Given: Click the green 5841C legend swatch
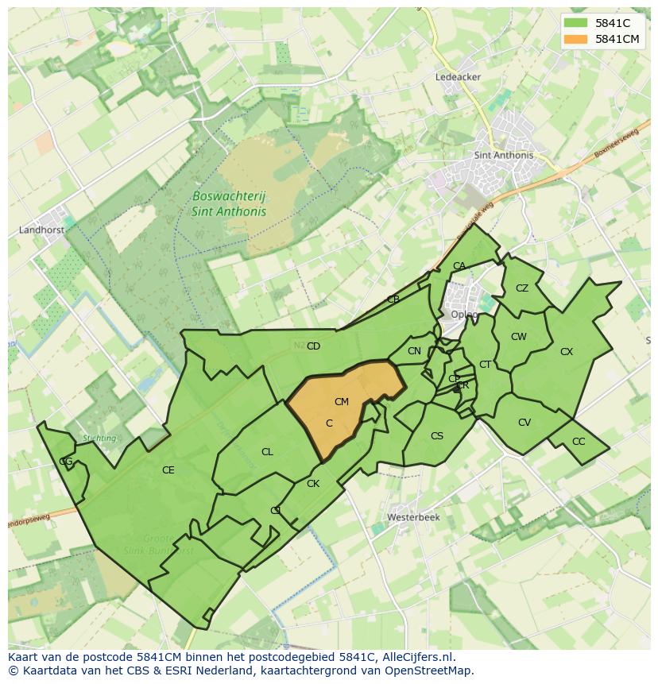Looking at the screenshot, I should (577, 23).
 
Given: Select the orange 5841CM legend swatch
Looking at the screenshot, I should (577, 39).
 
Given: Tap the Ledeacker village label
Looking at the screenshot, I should (459, 77).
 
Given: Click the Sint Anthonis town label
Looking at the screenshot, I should (503, 155).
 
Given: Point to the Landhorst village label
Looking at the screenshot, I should (41, 230).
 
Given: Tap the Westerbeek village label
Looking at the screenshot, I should (412, 517).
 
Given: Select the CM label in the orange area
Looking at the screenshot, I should (342, 402).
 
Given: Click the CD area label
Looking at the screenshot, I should (313, 346).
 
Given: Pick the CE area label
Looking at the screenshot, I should (168, 470).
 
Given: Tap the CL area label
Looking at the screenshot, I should (267, 452).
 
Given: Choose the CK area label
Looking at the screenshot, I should (313, 484).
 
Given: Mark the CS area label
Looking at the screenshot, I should (437, 436).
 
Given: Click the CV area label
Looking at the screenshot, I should (524, 423).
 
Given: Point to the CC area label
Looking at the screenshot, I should (579, 442).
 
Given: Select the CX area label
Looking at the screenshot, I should (567, 351).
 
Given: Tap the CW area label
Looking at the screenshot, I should (519, 337).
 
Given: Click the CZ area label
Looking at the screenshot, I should (522, 288).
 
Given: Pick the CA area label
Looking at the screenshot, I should (459, 266).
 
